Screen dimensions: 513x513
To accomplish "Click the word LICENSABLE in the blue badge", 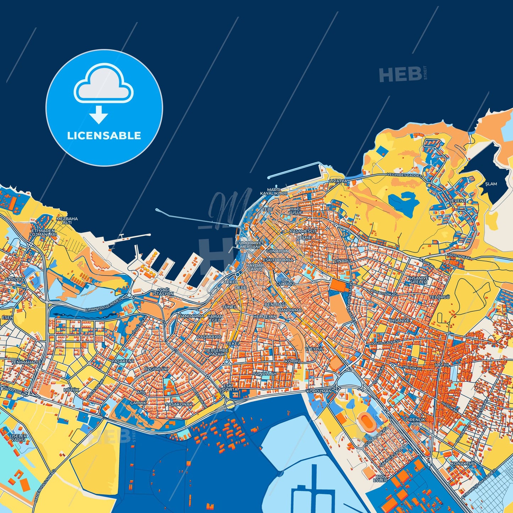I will coord(104,136).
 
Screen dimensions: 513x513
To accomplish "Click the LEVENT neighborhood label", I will coord(458,201).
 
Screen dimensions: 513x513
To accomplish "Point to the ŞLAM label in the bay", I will coord(491,184).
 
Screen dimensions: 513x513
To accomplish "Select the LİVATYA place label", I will coord(338,181).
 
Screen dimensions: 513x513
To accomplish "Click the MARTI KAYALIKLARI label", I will coord(274,192).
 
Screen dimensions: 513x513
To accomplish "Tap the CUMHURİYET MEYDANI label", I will coord(250,245).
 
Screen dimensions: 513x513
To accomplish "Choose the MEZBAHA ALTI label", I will coord(67,220).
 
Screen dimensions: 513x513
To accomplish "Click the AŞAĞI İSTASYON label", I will coord(163,292).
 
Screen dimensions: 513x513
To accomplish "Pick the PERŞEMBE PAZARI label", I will coord(217,352).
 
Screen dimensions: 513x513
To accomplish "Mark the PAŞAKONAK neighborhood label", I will coord(179,404).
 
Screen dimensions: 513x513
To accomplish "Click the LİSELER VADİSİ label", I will coord(18,438).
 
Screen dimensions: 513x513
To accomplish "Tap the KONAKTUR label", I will coord(463,464).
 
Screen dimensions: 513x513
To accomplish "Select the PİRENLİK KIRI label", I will coord(415,422).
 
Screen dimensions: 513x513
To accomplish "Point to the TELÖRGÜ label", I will coord(440,297).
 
